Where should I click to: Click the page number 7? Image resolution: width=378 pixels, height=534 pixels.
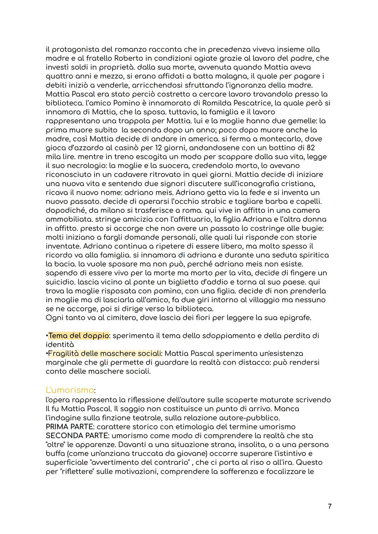point(330,506)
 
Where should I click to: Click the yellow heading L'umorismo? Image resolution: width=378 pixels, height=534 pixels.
point(70,390)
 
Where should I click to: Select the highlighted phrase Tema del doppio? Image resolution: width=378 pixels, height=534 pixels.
point(79,335)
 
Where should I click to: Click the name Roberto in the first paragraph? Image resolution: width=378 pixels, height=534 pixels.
point(127,58)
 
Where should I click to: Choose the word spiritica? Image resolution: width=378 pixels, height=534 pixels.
point(309,255)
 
